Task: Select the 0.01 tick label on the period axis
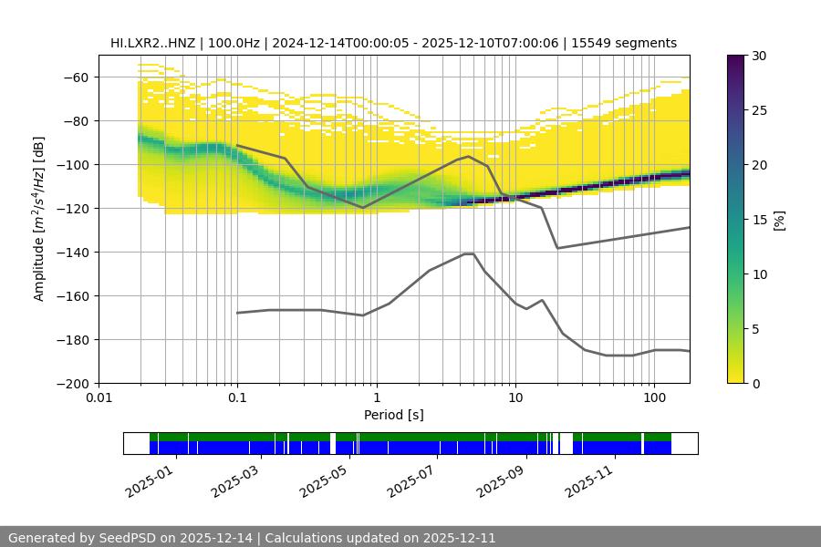(99, 397)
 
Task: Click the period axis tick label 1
(376, 397)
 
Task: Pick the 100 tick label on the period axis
(653, 397)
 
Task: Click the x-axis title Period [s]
(393, 415)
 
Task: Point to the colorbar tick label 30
(758, 57)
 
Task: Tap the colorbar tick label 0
(755, 384)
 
